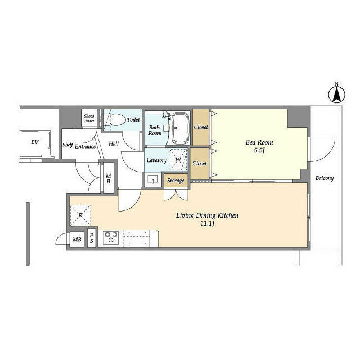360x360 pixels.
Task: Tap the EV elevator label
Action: click(x=35, y=142)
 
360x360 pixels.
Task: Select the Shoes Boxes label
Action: click(x=89, y=118)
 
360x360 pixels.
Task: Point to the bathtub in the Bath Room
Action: click(x=181, y=128)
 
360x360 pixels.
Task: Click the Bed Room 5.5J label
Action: click(x=259, y=146)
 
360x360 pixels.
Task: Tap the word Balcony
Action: click(x=324, y=178)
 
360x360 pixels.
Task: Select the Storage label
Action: click(x=175, y=181)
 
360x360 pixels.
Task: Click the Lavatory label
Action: click(x=156, y=160)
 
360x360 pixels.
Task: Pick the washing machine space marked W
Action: click(x=178, y=160)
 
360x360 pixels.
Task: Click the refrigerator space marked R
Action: click(x=80, y=215)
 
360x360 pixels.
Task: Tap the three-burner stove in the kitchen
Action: click(x=111, y=237)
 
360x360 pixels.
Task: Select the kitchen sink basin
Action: click(x=137, y=238)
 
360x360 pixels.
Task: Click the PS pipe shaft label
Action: click(x=91, y=238)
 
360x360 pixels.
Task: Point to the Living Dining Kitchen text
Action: click(x=207, y=215)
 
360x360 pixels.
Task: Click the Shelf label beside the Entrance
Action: click(x=67, y=145)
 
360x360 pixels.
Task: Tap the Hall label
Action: click(x=114, y=144)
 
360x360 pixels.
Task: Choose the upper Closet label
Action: click(x=201, y=127)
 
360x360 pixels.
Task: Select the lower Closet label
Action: click(x=199, y=163)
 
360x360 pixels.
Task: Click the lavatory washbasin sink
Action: click(x=152, y=179)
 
